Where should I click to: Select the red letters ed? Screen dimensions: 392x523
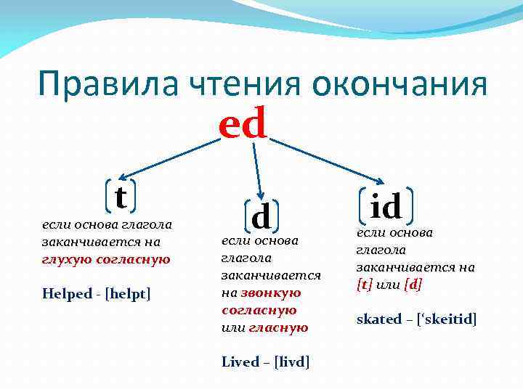(243, 124)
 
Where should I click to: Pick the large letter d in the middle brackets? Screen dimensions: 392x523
(261, 215)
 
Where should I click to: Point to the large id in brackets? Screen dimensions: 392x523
(386, 206)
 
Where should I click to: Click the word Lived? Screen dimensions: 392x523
(240, 362)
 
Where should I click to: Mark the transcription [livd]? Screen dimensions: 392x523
(292, 362)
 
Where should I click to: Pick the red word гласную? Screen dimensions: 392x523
(278, 327)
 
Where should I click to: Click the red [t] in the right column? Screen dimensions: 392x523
(364, 284)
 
